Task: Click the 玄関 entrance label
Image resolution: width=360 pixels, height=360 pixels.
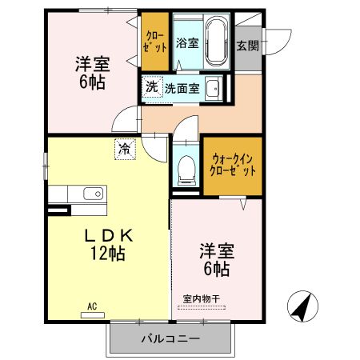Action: pos(246,45)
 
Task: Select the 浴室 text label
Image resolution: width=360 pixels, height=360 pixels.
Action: pos(187,42)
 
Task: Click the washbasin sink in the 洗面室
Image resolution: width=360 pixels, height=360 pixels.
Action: pos(213,87)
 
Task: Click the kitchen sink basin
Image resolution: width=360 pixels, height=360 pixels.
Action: pos(90,194)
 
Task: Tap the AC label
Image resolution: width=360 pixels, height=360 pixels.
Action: pos(92,306)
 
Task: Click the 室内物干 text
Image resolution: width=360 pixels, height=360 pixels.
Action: pos(204,299)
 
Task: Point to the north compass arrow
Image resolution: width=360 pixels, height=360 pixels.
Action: pos(299,306)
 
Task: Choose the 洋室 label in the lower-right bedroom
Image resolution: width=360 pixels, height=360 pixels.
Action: pos(215,250)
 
